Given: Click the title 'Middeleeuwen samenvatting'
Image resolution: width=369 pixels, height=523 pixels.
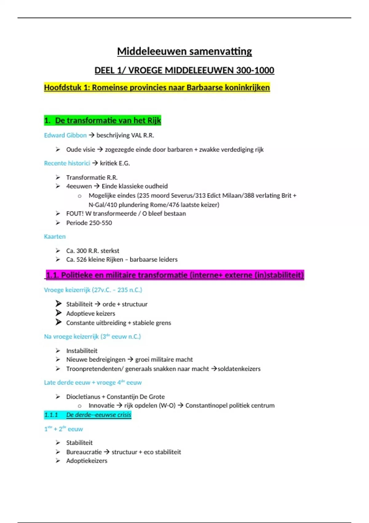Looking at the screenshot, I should [x=184, y=51].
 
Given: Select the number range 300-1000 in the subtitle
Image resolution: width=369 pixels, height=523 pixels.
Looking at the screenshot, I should [x=255, y=70].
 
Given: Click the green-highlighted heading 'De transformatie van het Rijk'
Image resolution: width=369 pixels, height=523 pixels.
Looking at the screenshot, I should [x=108, y=121].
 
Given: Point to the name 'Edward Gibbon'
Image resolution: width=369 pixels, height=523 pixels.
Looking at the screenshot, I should [x=65, y=135].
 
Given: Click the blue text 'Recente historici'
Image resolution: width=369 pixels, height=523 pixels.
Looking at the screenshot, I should [x=67, y=163].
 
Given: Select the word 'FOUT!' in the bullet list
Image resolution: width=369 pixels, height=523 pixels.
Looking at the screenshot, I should [x=75, y=214].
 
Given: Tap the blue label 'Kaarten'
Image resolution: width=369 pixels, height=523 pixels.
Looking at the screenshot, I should [x=55, y=237].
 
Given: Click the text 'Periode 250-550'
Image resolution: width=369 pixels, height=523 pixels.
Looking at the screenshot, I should [x=89, y=223].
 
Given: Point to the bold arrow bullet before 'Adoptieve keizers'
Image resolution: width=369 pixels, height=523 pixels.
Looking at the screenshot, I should [x=58, y=313].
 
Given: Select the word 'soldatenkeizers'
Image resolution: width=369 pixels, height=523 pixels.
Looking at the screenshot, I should [x=239, y=369].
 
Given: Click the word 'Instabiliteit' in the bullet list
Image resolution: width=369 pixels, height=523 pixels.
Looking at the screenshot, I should [x=82, y=351].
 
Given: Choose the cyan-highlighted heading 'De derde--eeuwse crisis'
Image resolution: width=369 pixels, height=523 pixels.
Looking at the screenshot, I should [x=99, y=415].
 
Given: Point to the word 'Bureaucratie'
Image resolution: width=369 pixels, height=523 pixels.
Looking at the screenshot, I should [x=84, y=452].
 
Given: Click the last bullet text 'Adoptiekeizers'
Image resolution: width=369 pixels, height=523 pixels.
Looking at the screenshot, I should [x=87, y=461].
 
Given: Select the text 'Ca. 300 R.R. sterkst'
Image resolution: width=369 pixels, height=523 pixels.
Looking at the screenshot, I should [x=93, y=251].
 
